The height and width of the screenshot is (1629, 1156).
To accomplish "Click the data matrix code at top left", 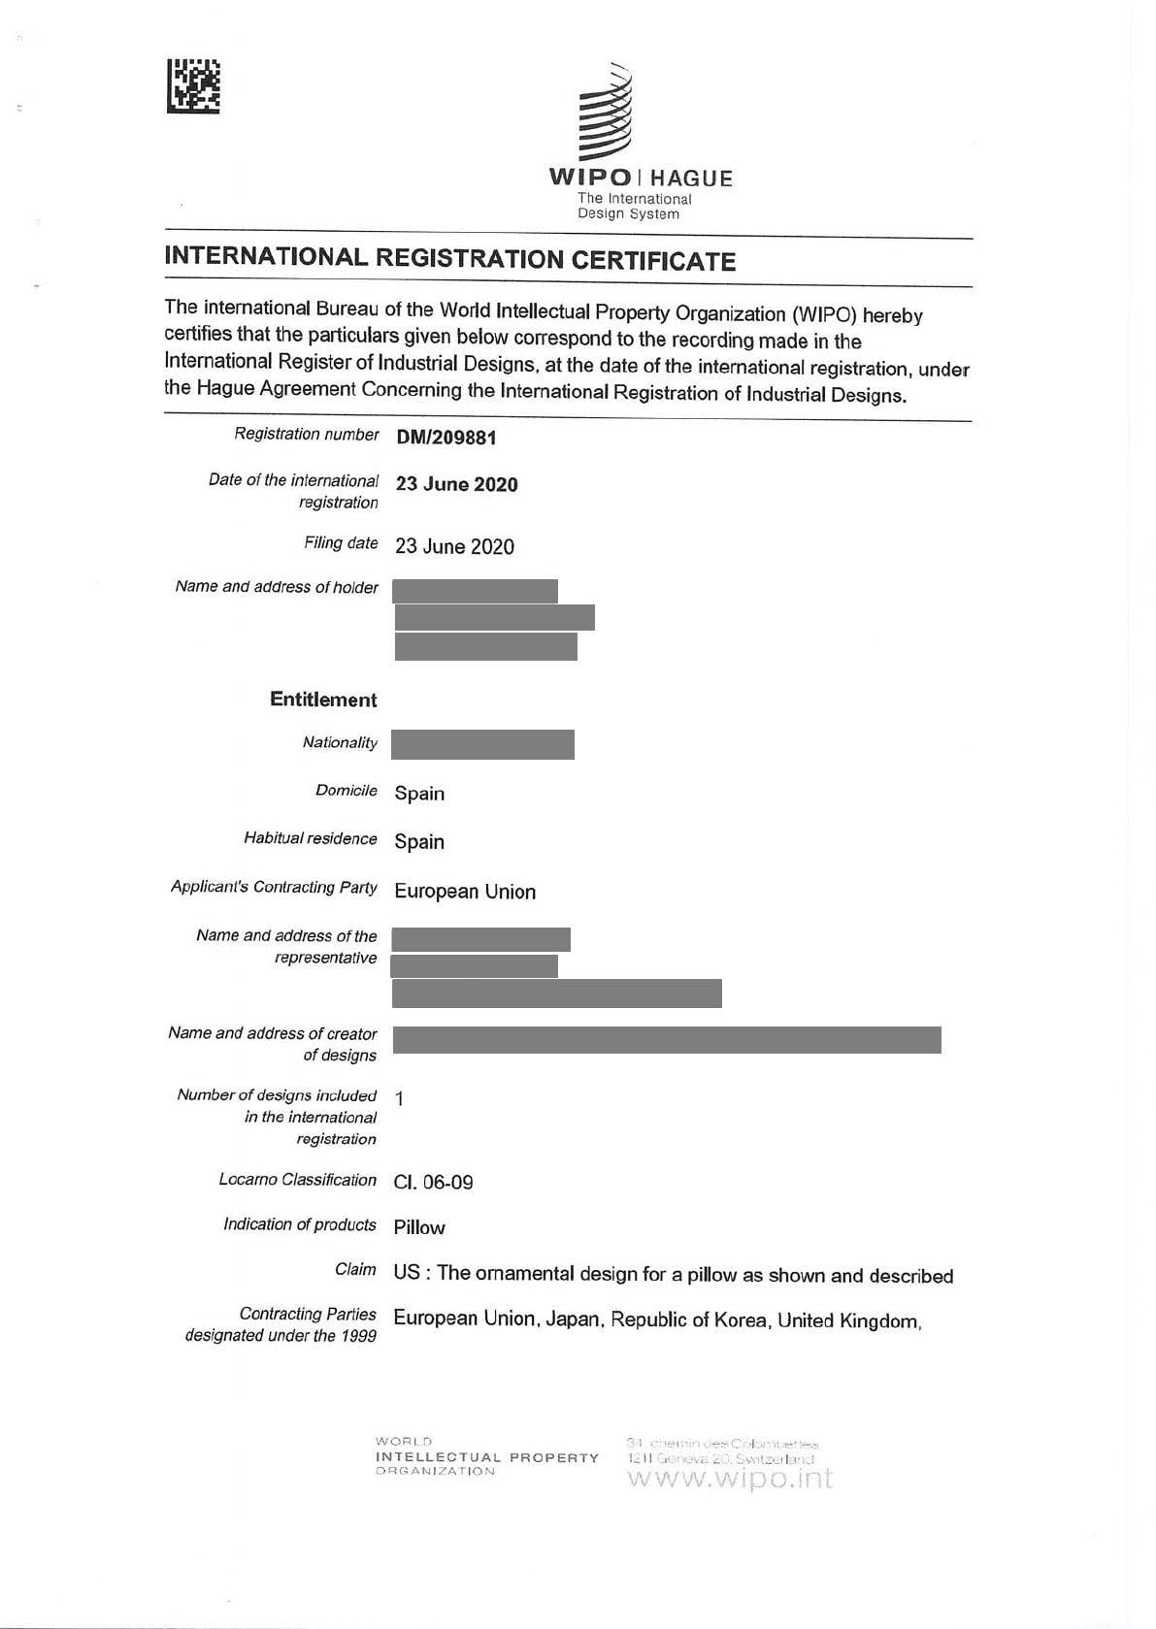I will pyautogui.click(x=193, y=86).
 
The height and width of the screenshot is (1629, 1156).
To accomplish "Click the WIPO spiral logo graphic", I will pyautogui.click(x=606, y=114).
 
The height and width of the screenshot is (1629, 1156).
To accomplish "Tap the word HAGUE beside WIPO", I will pyautogui.click(x=691, y=179).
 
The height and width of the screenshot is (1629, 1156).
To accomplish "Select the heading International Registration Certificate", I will pyautogui.click(x=449, y=259).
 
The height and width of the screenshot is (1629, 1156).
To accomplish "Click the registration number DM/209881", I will pyautogui.click(x=446, y=438).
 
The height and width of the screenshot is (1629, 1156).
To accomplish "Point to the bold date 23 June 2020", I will pyautogui.click(x=456, y=484).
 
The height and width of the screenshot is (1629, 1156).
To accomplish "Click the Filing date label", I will pyautogui.click(x=341, y=543).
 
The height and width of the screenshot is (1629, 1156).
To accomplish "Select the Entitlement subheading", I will pyautogui.click(x=323, y=700).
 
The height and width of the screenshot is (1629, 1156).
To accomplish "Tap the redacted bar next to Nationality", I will pyautogui.click(x=482, y=744).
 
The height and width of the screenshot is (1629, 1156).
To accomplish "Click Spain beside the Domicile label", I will pyautogui.click(x=419, y=794).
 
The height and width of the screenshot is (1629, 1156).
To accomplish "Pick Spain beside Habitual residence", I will pyautogui.click(x=419, y=842).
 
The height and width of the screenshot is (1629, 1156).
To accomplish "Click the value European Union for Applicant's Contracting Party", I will pyautogui.click(x=465, y=892).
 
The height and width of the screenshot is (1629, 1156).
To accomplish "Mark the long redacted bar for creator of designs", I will pyautogui.click(x=667, y=1039).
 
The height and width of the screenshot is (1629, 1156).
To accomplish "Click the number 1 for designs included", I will pyautogui.click(x=400, y=1098).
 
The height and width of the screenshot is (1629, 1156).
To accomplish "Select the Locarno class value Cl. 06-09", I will pyautogui.click(x=433, y=1182).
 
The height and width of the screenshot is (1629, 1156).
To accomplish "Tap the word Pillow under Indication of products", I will pyautogui.click(x=419, y=1227).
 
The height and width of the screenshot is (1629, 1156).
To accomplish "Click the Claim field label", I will pyautogui.click(x=355, y=1269).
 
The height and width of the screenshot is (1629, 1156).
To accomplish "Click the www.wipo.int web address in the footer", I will pyautogui.click(x=730, y=1479).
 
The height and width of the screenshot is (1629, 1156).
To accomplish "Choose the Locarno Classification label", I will pyautogui.click(x=297, y=1180).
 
